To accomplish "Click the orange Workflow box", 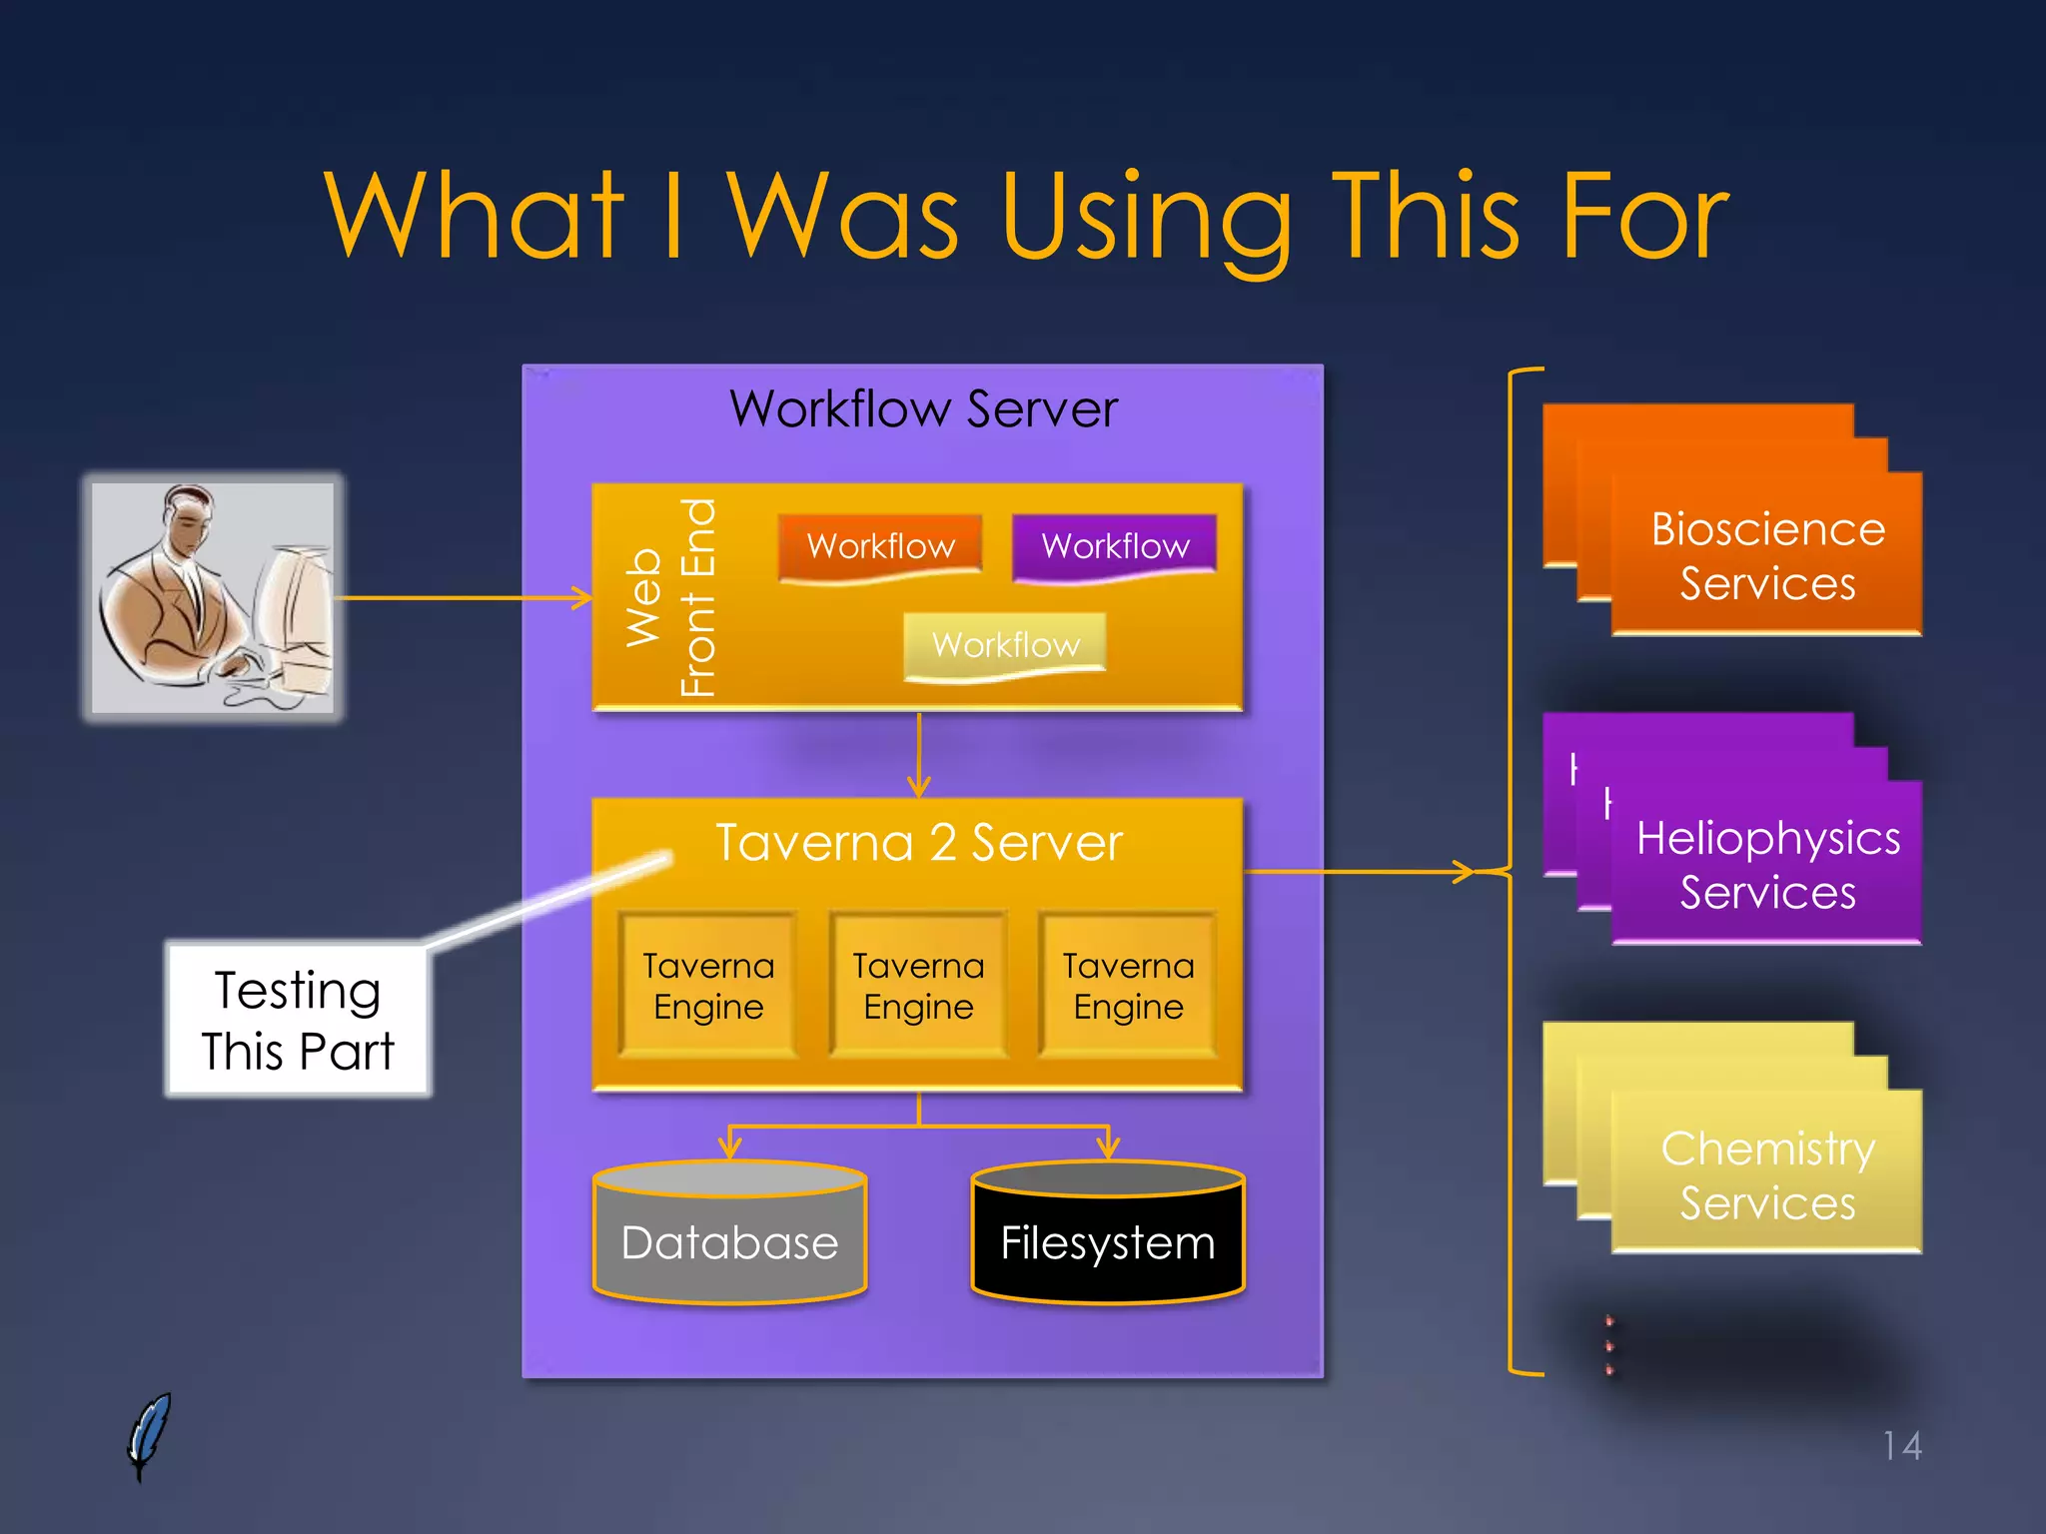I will coord(880,545).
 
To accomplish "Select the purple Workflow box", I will coord(1114,545).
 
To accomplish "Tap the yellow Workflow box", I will coord(1005,644).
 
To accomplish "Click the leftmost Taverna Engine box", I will coord(708,985).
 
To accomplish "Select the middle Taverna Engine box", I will coord(918,985).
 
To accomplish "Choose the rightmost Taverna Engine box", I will coord(1128,985).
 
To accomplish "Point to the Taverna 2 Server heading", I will coord(918,842).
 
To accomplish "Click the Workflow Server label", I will coord(923,408).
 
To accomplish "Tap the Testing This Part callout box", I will coord(298,1020).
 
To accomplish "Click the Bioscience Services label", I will coord(1767,555).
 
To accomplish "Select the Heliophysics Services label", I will coord(1767,864).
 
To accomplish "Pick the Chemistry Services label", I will coord(1767,1174).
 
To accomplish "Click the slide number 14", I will coord(1901,1445).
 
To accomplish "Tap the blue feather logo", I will coord(149,1435).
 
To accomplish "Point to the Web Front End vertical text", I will coord(669,597).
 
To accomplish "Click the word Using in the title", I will coord(1146,218).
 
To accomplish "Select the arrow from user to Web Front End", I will coord(460,598).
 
